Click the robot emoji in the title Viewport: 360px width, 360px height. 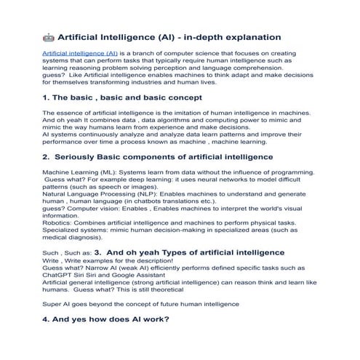tap(48, 36)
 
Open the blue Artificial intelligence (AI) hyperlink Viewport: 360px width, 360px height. tap(80, 54)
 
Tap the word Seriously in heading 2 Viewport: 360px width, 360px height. tap(79, 156)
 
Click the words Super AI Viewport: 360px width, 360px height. tap(58, 303)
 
